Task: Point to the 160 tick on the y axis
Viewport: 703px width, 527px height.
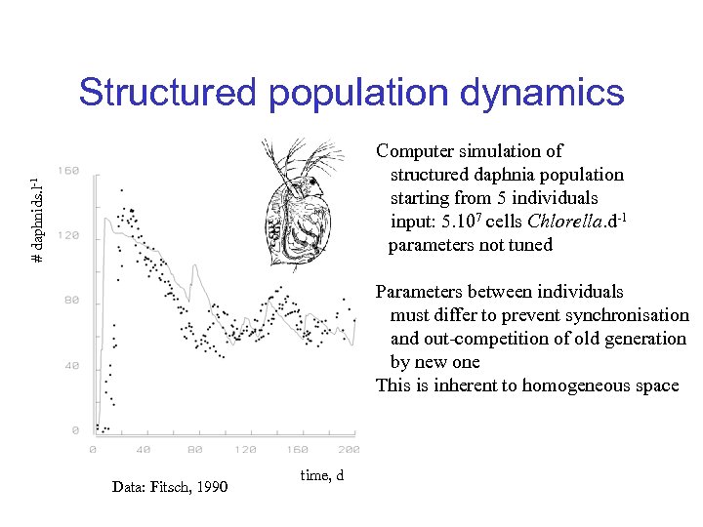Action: point(67,171)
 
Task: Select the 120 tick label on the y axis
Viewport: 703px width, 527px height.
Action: point(67,235)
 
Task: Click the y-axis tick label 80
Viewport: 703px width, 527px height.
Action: point(71,300)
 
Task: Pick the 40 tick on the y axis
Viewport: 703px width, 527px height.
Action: point(71,365)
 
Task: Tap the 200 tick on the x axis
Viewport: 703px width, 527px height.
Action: point(348,450)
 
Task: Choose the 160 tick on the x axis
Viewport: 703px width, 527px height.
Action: point(297,450)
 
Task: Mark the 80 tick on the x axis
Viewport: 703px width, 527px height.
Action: point(194,450)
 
